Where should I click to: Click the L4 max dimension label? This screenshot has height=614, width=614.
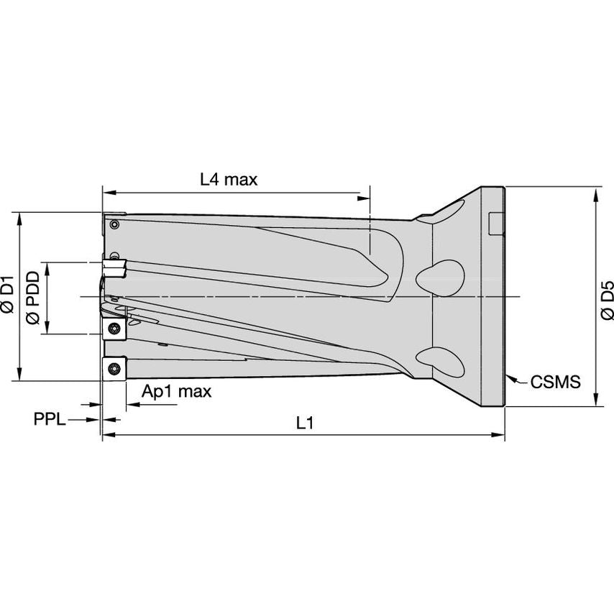point(229,179)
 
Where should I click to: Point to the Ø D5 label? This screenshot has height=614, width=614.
point(606,301)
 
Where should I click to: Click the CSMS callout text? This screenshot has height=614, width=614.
point(555,382)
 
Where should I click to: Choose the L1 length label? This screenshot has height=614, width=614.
point(305,423)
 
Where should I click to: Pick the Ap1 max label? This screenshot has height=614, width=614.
point(177,391)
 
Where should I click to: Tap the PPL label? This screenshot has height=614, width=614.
point(50,419)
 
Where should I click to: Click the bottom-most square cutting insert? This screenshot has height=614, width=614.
point(114,368)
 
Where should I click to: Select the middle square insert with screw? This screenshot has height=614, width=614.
point(114,328)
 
